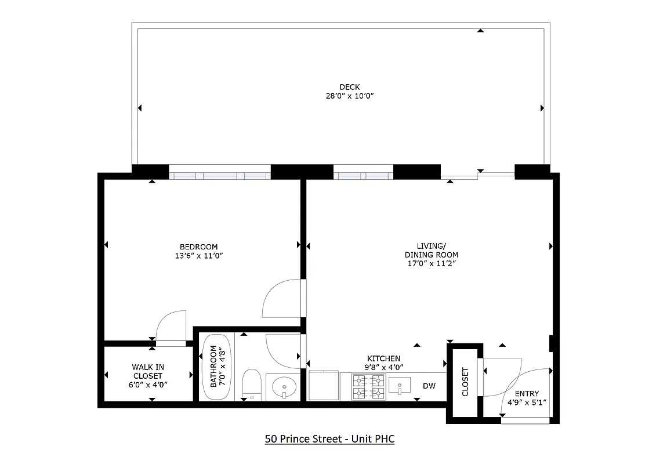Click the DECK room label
(349, 87)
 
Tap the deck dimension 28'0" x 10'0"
(349, 96)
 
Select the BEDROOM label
(198, 246)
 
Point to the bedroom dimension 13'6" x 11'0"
(198, 255)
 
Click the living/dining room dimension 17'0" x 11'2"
(431, 264)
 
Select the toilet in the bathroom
(252, 383)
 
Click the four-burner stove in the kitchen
(368, 387)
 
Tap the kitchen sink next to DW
(399, 385)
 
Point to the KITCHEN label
(383, 358)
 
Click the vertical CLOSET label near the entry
(465, 382)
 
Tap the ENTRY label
(526, 393)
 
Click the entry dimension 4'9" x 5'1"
(526, 401)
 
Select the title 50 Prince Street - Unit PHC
(329, 439)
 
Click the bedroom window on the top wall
(220, 173)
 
